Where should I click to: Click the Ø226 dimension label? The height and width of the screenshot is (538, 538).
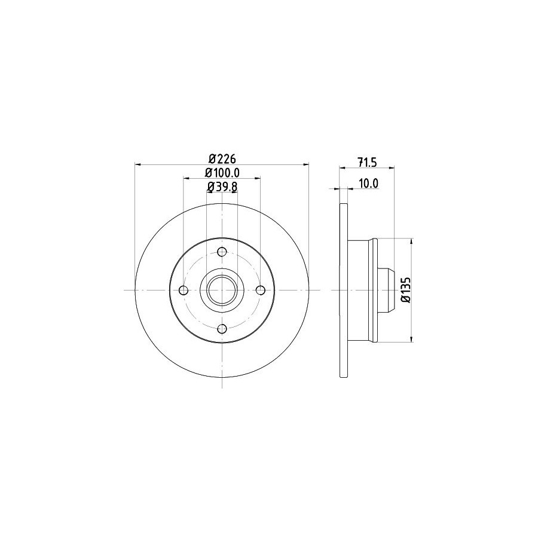(x=222, y=159)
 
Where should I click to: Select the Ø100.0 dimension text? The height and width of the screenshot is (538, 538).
(x=222, y=173)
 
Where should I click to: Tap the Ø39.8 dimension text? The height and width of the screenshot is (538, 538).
(x=222, y=187)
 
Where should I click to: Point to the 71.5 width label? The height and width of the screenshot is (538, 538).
(x=367, y=162)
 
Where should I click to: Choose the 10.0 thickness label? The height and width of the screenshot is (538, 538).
(x=368, y=184)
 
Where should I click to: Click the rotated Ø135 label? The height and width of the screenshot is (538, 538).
(x=406, y=290)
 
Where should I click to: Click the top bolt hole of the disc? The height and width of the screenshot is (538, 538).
(x=222, y=252)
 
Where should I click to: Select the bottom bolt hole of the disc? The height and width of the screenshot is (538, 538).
(x=222, y=329)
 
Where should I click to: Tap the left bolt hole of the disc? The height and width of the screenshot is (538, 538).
(x=184, y=291)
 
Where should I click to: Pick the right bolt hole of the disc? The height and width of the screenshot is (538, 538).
(x=261, y=291)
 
